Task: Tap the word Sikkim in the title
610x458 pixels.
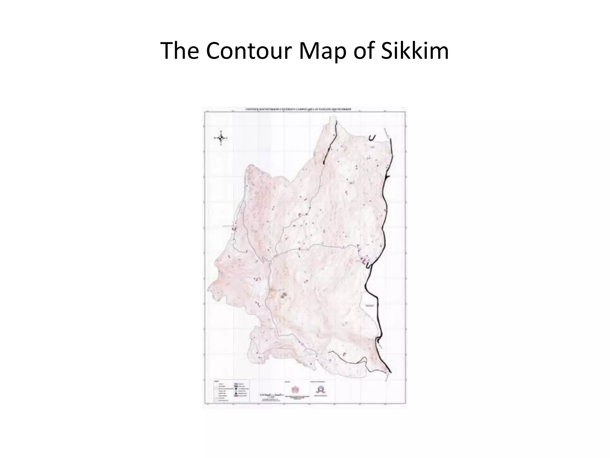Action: tap(415, 51)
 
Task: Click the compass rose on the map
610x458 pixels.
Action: tap(221, 138)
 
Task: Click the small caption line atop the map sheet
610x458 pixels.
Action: tap(298, 109)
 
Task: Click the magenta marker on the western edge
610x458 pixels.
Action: tap(234, 229)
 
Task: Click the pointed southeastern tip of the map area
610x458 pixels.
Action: tap(390, 373)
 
